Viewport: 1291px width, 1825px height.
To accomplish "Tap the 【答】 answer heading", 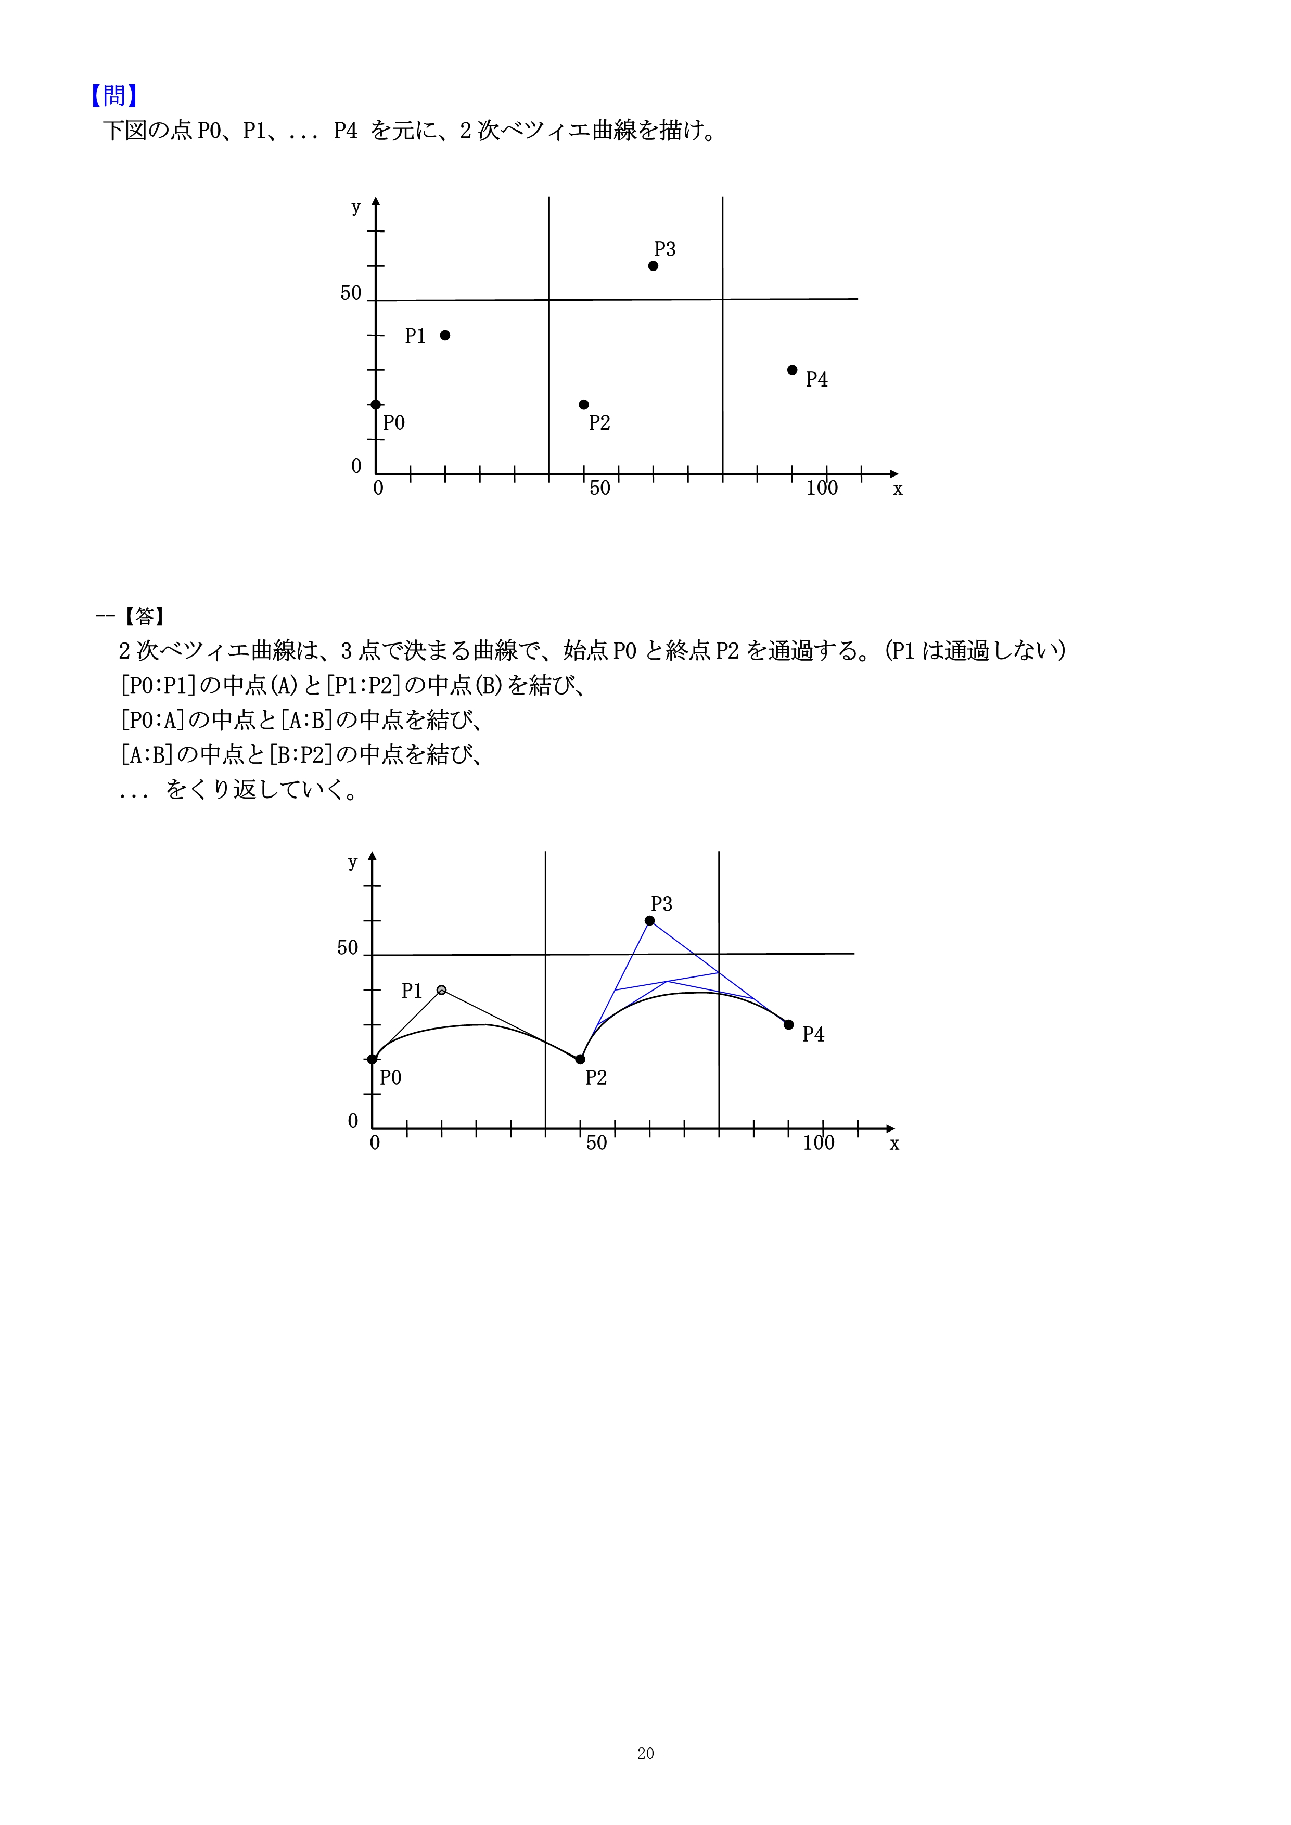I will [144, 616].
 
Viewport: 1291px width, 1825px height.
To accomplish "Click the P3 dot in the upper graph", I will [654, 265].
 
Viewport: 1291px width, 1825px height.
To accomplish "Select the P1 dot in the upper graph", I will [445, 336].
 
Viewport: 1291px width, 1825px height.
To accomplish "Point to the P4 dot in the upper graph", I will [793, 369].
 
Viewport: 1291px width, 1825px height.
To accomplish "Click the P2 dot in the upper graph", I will [584, 405].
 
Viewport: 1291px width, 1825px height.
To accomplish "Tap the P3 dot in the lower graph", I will [650, 920].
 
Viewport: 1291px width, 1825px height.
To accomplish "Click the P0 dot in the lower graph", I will [372, 1059].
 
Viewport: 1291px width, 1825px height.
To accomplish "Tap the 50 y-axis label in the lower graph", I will [348, 947].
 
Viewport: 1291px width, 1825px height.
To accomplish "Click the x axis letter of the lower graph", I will [894, 1144].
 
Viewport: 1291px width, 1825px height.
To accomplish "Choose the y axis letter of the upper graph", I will [356, 208].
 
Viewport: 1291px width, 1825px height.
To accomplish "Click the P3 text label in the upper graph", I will [664, 250].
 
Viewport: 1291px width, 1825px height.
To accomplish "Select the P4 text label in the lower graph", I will [813, 1034].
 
